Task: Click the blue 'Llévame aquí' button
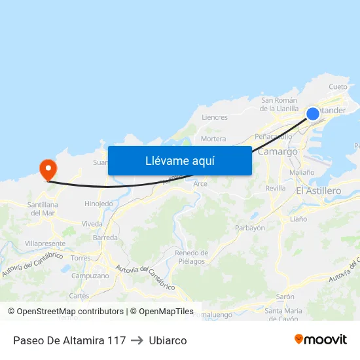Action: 179,160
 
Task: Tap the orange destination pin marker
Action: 48,170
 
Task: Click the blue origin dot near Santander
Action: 313,114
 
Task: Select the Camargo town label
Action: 278,152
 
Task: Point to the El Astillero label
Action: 319,190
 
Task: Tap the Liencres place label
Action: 215,118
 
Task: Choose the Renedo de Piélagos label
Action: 191,257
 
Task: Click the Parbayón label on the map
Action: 249,228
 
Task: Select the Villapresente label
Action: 44,243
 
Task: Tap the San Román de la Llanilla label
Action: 279,105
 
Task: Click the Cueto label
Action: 338,87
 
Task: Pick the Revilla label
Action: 276,189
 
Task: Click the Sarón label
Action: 285,297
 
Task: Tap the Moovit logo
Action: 320,340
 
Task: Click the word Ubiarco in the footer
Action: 168,340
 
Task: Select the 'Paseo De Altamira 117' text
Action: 69,340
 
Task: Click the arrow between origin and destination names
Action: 137,340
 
